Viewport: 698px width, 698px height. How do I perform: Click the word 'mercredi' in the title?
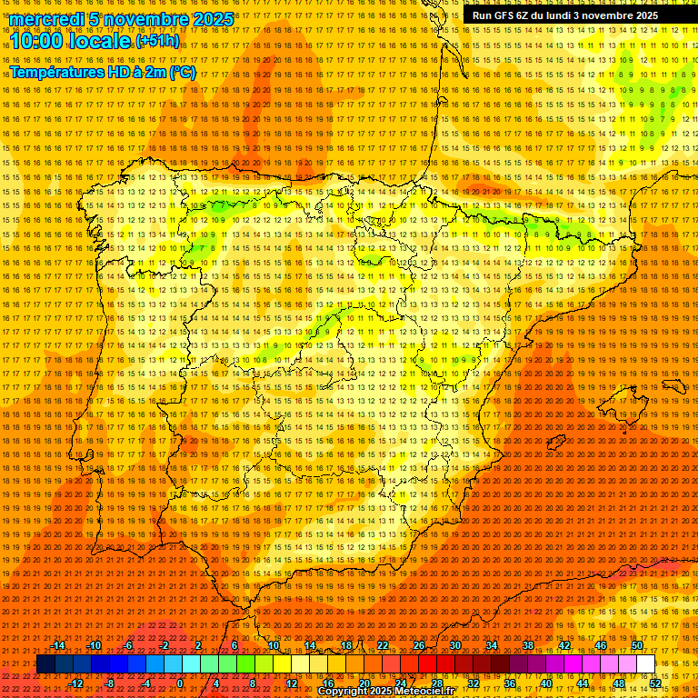45,19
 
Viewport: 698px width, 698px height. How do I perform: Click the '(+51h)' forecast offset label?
157,42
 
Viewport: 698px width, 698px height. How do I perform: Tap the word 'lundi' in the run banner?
567,15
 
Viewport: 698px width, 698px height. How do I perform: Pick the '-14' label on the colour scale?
58,645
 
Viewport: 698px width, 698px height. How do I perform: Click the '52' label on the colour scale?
655,683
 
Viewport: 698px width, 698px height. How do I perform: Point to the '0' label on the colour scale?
180,683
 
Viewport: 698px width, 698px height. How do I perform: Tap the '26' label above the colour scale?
419,645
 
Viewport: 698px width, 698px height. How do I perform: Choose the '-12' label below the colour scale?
76,683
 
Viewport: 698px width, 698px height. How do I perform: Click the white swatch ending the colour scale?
645,664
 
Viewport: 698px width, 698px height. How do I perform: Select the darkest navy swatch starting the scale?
45,664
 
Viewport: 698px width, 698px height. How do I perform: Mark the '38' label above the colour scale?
528,645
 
